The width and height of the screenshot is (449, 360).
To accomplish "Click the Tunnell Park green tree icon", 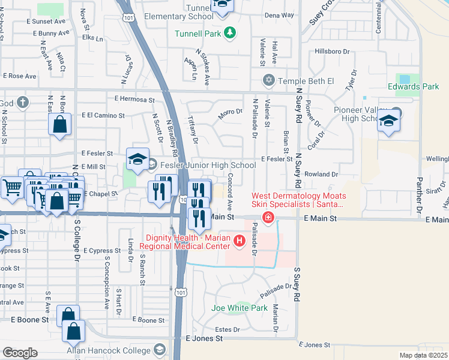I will (229, 32).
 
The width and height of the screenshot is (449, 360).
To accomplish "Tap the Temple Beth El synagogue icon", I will (269, 80).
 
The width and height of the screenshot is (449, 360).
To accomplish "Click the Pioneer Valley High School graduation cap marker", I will (388, 121).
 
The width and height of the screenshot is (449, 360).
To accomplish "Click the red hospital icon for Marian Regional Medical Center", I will (240, 241).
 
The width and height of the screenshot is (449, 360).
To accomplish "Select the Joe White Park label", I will (239, 308).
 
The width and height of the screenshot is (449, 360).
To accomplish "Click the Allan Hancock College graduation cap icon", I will (160, 349).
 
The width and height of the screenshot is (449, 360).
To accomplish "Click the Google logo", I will (20, 353).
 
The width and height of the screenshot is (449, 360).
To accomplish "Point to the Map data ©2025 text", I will (423, 355).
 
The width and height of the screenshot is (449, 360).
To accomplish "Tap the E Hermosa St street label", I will (134, 100).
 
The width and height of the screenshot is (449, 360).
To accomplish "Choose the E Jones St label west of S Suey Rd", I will (204, 338).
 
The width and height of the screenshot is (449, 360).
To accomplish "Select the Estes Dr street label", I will (228, 329).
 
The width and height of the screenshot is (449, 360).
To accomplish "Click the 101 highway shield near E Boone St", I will (181, 293).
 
